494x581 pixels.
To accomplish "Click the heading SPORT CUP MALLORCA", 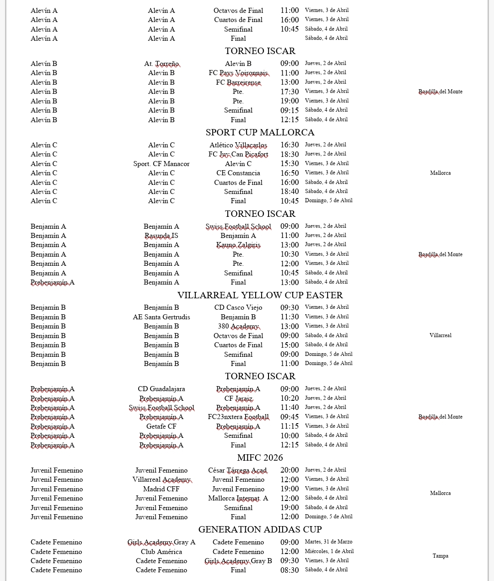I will [x=260, y=133].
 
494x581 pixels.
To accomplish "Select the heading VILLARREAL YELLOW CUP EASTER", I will [x=260, y=295].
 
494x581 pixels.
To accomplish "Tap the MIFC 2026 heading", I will [x=260, y=457].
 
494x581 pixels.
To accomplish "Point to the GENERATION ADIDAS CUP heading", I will [x=260, y=529].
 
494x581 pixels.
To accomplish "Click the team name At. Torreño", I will [x=161, y=64].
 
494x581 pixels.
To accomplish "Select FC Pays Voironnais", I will [x=238, y=73].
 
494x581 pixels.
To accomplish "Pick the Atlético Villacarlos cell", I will [x=238, y=145].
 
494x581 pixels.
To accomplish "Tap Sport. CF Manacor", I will [x=161, y=164].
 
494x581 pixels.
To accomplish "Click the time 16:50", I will [x=290, y=173].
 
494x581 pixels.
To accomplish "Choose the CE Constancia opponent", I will [x=238, y=173].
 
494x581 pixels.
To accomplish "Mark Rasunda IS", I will [x=161, y=236].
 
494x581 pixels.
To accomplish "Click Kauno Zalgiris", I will [x=238, y=245].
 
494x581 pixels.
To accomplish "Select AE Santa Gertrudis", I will [x=161, y=317].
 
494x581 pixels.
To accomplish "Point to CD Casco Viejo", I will [x=238, y=307].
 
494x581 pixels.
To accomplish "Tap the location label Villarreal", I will [x=440, y=335].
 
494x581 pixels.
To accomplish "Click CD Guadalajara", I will [x=161, y=389].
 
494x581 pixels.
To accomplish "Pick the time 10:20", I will [x=290, y=398].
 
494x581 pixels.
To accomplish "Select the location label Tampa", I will [x=440, y=556].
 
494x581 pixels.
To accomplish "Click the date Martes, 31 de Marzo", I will [x=328, y=542].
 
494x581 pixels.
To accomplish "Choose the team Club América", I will [x=161, y=552].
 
